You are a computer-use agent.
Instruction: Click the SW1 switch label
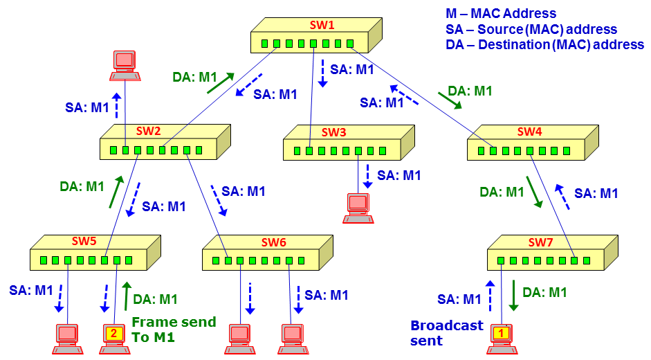[322, 25]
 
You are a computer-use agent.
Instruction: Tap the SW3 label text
[334, 132]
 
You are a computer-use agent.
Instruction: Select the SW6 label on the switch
[273, 242]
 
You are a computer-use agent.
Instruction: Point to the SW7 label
[540, 242]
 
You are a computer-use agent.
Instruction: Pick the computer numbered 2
[114, 339]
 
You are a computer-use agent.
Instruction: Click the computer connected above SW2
[125, 66]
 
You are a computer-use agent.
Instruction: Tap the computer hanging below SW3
[358, 208]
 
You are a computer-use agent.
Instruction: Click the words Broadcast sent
[447, 333]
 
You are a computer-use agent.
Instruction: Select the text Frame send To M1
[174, 330]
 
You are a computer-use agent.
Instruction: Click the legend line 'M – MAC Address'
[501, 13]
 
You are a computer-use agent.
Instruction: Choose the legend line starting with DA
[544, 44]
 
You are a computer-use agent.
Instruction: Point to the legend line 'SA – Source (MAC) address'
[531, 29]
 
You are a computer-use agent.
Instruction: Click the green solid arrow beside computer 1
[513, 296]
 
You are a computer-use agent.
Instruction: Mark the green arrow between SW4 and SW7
[534, 192]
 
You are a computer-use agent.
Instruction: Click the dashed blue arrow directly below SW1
[322, 73]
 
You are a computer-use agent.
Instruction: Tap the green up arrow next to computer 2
[126, 296]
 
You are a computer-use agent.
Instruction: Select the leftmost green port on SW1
[264, 44]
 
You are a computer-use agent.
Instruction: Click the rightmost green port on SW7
[586, 260]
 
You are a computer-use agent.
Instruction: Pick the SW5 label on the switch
[84, 241]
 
